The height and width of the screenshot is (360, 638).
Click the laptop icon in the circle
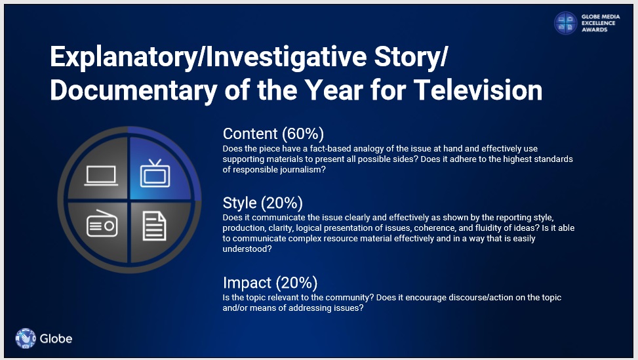pos(101,176)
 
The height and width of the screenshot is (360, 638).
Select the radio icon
pos(102,224)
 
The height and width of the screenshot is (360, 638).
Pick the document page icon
pos(155,226)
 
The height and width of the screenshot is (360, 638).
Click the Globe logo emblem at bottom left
pos(25,338)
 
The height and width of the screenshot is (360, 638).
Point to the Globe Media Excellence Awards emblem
pos(566,23)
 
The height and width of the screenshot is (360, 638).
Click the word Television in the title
pos(478,90)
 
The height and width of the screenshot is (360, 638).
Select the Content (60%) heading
pos(273,134)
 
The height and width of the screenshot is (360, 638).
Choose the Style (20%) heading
pos(262,203)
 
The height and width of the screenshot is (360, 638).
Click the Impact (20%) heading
pos(269,283)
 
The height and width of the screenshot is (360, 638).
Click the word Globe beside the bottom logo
pos(56,338)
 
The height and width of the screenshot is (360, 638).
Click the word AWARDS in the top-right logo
pos(594,30)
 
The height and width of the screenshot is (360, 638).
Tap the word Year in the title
pos(334,90)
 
